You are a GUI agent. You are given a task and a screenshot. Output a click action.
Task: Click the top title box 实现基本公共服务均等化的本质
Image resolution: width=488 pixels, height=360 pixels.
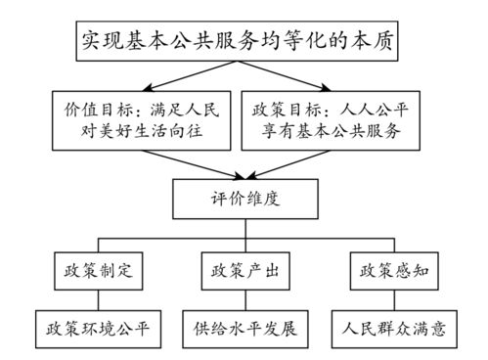243,41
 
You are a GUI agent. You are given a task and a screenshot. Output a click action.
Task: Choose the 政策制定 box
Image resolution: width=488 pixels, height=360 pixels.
96,269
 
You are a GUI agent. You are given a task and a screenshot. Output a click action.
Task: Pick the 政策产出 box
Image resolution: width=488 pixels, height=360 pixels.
244,269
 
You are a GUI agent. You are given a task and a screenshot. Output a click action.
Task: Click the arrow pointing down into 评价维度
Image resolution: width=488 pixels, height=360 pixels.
244,169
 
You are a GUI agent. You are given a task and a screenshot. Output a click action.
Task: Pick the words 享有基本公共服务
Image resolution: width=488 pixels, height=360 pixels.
342,134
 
